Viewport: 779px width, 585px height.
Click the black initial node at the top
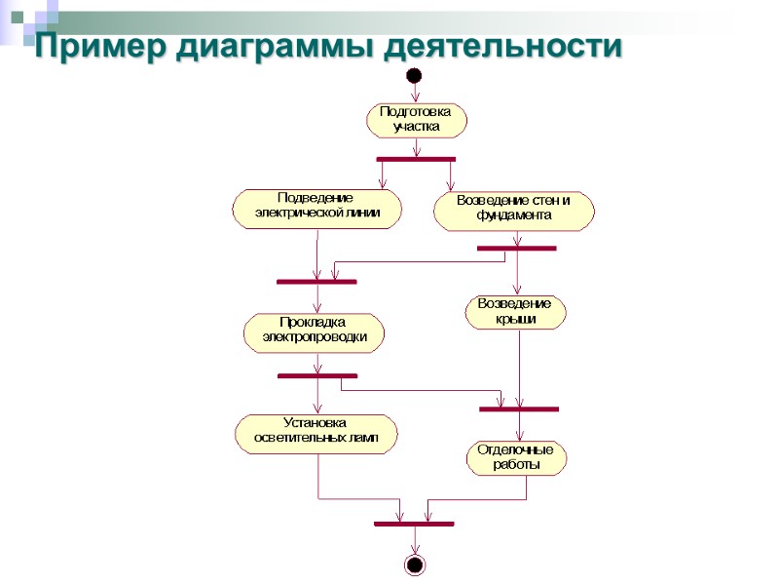415,75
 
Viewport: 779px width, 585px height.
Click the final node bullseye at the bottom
415,565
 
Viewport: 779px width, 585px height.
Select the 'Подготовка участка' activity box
417,120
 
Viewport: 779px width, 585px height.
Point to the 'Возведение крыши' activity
515,312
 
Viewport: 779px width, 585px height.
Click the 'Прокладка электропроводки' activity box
315,332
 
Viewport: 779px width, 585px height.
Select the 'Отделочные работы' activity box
516,458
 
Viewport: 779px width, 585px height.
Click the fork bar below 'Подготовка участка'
416,158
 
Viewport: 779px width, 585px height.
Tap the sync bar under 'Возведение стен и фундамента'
516,249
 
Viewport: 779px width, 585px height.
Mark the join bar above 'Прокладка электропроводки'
316,282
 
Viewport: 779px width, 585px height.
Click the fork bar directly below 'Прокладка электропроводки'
317,375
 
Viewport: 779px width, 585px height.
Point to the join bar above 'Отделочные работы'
519,409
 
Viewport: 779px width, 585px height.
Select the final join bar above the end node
414,524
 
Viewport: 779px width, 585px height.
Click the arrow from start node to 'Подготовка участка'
416,94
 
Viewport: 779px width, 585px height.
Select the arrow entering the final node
415,541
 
